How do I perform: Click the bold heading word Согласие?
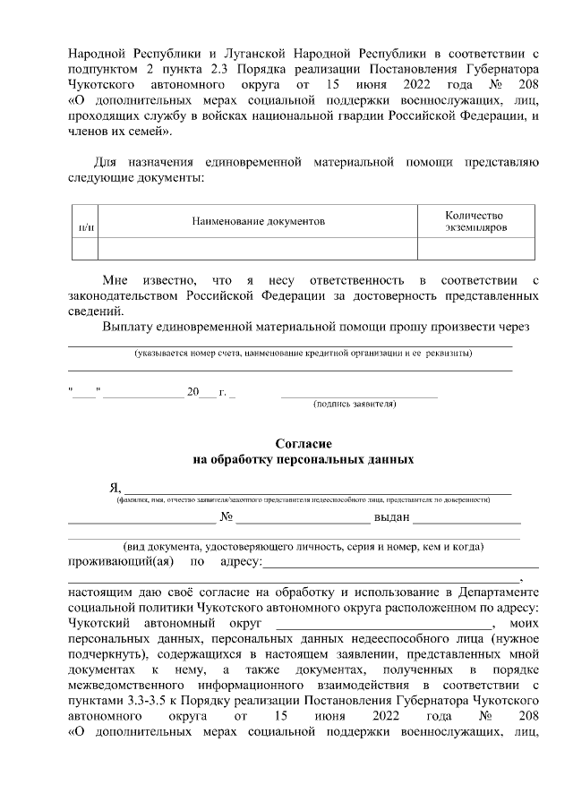[304, 444]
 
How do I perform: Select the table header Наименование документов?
[257, 221]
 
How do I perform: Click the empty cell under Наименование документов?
[257, 248]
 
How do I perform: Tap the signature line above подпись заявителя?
[359, 394]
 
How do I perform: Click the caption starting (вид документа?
[304, 546]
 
